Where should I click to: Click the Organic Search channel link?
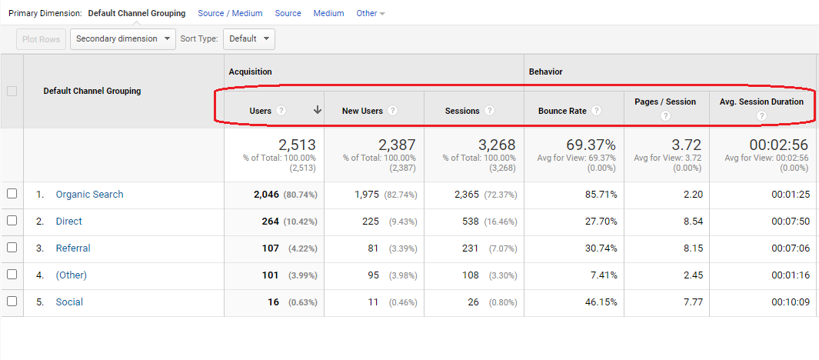coord(89,195)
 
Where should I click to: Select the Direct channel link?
coord(68,222)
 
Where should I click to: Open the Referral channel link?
coord(73,248)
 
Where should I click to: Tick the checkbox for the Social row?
coord(12,302)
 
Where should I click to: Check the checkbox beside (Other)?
coord(12,275)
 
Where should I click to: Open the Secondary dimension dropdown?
coord(123,39)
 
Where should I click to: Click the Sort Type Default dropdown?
coord(249,39)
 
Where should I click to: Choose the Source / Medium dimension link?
coord(230,13)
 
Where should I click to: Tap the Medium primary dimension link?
coord(328,13)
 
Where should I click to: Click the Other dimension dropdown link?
coord(371,13)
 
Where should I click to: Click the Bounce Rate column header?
coord(562,111)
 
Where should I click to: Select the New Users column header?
coord(362,111)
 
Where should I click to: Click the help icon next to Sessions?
coord(489,111)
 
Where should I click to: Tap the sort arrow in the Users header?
coord(317,110)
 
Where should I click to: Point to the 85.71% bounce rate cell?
coord(599,195)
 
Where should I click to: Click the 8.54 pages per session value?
coord(692,222)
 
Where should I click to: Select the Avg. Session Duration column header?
coord(761,102)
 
